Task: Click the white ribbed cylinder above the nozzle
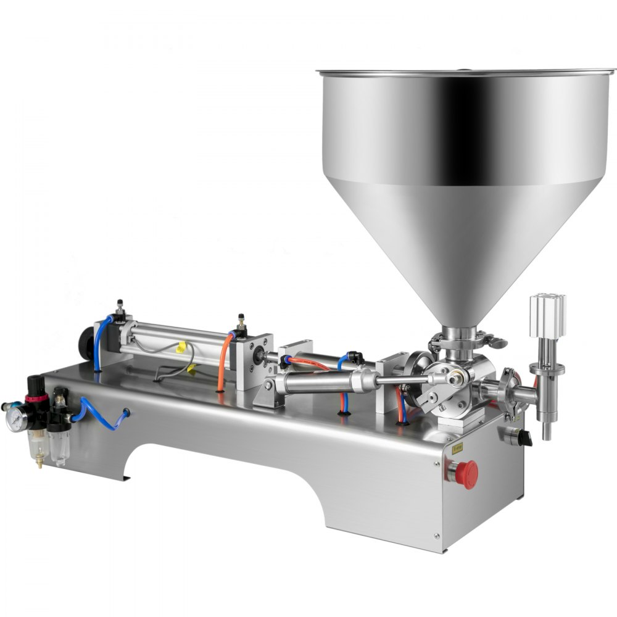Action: pos(547,316)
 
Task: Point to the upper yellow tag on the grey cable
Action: pos(180,347)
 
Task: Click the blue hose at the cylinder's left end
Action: pos(99,342)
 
